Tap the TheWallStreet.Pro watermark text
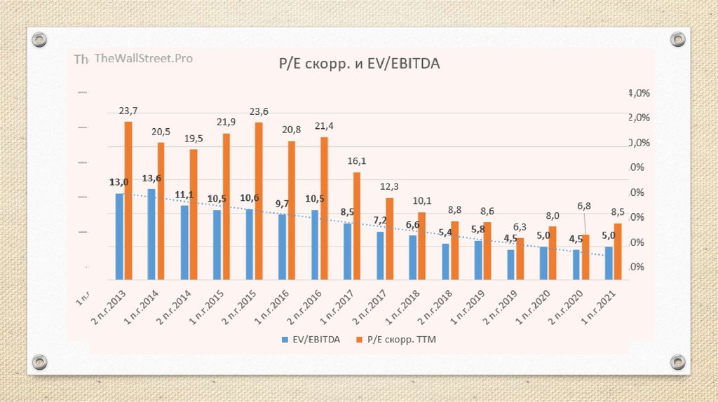(x=143, y=59)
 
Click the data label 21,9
(x=225, y=123)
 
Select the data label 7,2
(x=379, y=221)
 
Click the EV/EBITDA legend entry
(x=311, y=339)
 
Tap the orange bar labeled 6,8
(x=585, y=257)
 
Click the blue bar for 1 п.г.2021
(x=609, y=263)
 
